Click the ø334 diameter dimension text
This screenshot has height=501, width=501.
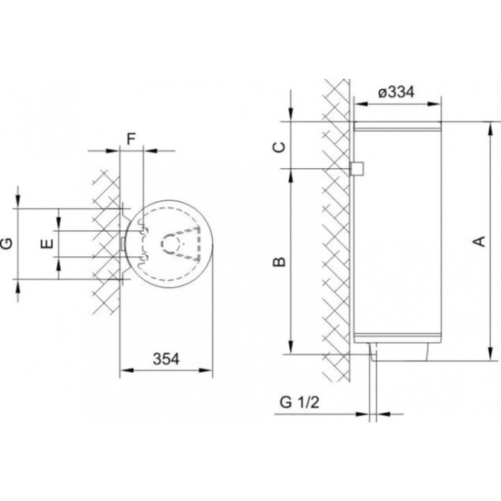coord(397,92)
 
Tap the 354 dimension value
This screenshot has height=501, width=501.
coord(166,359)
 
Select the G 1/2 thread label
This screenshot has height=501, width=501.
coord(299,402)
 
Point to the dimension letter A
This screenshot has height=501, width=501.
coord(479,241)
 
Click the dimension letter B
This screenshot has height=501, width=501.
coord(279,262)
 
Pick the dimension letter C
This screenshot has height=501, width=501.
coord(280,147)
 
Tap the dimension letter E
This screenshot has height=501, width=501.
coord(47,244)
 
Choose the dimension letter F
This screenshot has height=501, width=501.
coord(131,139)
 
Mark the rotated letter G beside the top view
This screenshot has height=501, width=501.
coord(6,243)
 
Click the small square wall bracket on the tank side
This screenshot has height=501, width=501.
coord(356,168)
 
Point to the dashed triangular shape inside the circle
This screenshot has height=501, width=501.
coord(180,242)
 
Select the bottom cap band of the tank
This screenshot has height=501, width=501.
coord(397,338)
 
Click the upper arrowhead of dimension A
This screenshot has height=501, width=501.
coord(490,128)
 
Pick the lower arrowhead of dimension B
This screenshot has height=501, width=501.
coord(291,347)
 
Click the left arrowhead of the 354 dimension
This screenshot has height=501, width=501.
coord(127,370)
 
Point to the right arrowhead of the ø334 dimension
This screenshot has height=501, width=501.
coord(434,104)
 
